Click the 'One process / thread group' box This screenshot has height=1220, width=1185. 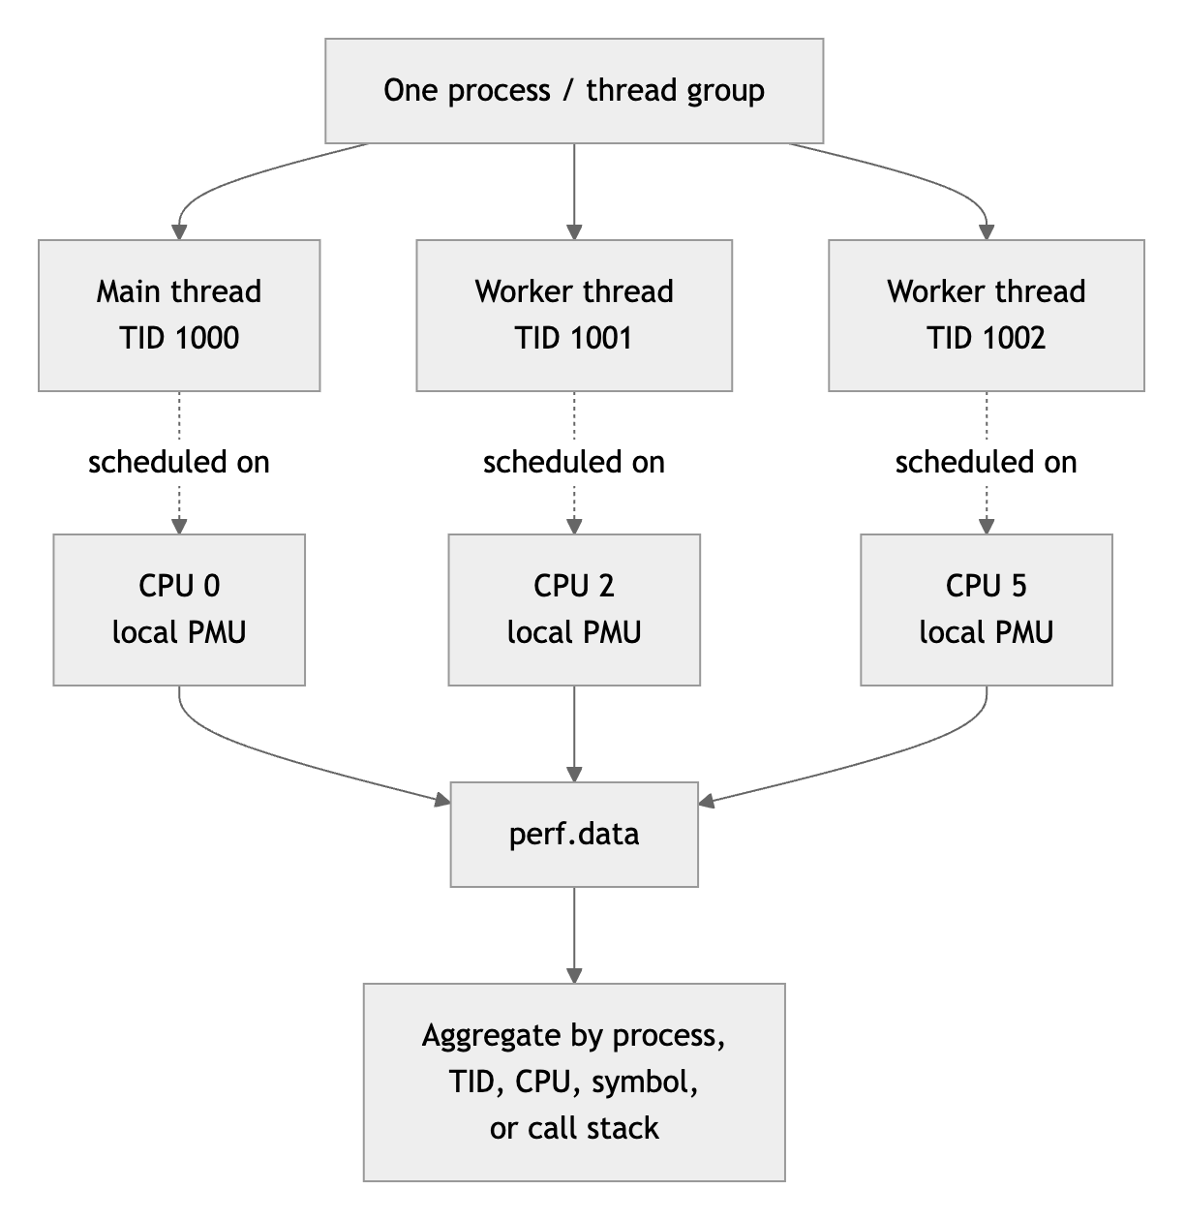point(574,91)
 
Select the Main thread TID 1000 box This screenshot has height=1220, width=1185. point(179,316)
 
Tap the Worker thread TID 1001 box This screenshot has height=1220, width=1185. point(574,316)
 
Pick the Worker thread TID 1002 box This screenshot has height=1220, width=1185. point(987,316)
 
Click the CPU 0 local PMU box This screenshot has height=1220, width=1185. point(179,610)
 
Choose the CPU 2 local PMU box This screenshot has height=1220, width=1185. point(574,610)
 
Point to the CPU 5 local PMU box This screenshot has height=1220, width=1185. point(987,610)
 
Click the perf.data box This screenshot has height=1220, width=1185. point(574,835)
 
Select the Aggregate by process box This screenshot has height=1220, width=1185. point(574,1083)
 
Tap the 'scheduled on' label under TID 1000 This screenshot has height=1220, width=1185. point(179,463)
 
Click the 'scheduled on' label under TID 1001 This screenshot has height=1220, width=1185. point(574,463)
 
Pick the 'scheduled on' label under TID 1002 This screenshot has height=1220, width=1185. point(987,463)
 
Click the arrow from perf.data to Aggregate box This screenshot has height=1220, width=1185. point(574,935)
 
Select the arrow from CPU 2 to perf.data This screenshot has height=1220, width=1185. point(574,734)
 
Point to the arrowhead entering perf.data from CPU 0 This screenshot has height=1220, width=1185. point(442,800)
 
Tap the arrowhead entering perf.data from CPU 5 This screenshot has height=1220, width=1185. point(706,801)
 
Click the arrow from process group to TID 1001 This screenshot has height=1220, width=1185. point(574,191)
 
